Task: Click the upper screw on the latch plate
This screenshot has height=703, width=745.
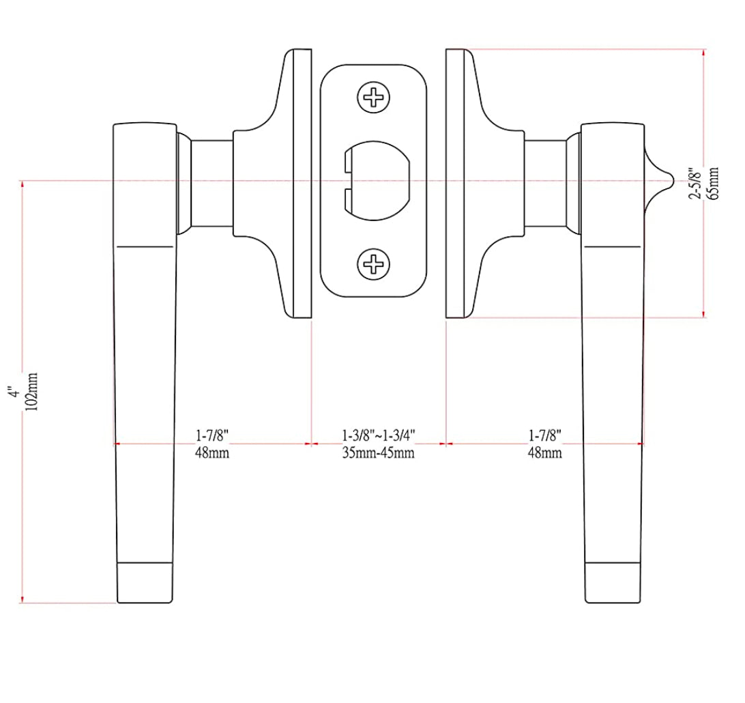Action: [x=374, y=98]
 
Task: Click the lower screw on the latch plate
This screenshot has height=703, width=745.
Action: [x=374, y=263]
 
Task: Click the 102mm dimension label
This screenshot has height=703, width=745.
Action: [x=31, y=391]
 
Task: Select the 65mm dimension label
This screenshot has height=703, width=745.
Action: [x=714, y=182]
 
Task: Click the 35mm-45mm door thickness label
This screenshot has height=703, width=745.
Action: [x=378, y=453]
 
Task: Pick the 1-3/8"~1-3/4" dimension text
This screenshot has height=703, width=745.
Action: [x=378, y=435]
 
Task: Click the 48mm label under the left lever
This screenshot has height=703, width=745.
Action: [x=211, y=453]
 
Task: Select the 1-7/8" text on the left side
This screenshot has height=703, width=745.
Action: [x=211, y=435]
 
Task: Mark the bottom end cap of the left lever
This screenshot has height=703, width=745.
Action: [x=145, y=584]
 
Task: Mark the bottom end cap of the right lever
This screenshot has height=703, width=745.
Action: [x=613, y=584]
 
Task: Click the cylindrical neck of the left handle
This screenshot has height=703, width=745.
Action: [x=211, y=183]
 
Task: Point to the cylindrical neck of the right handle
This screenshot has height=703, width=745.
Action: [x=545, y=183]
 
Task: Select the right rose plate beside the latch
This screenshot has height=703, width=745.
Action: [x=454, y=183]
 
